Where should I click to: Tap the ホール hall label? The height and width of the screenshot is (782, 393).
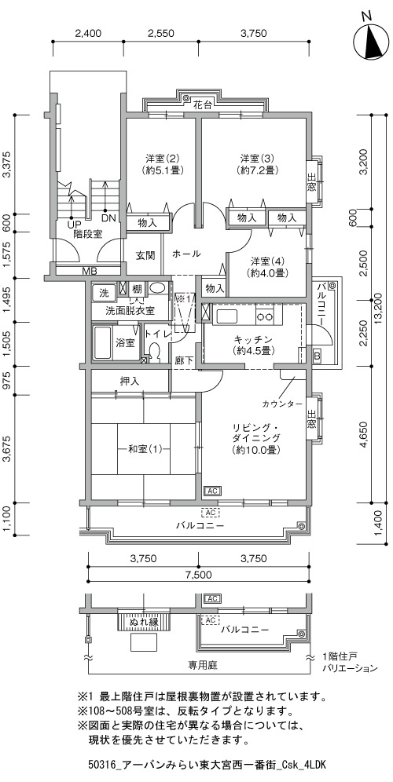(x=186, y=254)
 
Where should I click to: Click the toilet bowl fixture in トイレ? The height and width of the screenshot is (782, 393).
(x=154, y=352)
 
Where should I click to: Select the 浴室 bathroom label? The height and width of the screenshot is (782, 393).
(x=125, y=342)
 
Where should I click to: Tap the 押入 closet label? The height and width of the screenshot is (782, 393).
(x=130, y=381)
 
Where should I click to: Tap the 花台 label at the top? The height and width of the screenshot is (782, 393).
(x=203, y=105)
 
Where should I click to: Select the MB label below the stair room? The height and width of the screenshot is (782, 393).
(x=90, y=272)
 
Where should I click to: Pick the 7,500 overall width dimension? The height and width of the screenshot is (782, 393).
(x=199, y=575)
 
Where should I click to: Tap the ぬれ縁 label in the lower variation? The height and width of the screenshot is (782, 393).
(x=145, y=622)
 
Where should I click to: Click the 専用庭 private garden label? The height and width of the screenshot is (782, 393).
(x=199, y=665)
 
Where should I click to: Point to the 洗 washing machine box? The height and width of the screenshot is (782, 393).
(x=103, y=292)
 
